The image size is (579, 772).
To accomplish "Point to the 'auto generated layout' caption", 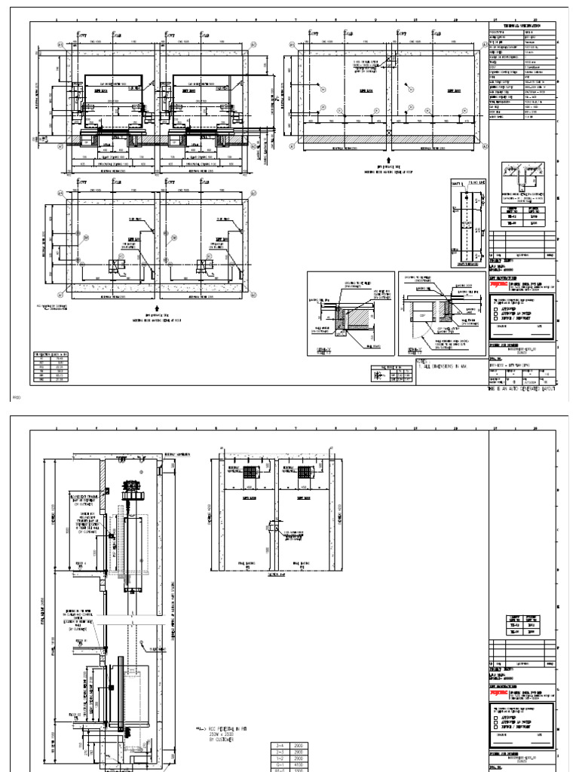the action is [522, 389].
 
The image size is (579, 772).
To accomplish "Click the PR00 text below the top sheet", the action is [17, 395].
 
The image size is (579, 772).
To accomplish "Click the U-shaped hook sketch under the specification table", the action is [522, 176].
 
